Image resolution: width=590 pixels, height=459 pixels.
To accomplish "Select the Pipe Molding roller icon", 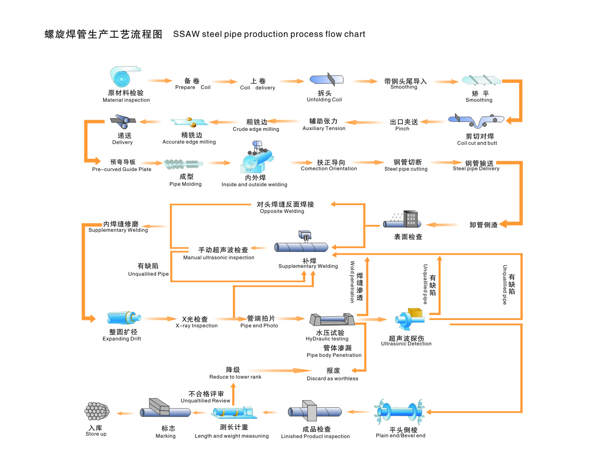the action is [183, 164].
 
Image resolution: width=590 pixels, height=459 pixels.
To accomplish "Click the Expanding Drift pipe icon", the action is [124, 318].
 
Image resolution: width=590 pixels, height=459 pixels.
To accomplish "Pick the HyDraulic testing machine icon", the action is [332, 320].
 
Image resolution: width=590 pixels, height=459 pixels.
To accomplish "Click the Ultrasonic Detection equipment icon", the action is [410, 319].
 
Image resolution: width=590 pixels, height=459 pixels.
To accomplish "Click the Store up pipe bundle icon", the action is [97, 411].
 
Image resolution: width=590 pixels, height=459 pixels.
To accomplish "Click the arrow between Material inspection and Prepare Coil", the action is [160, 81].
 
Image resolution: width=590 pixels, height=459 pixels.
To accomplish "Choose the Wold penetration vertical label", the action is [352, 282].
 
